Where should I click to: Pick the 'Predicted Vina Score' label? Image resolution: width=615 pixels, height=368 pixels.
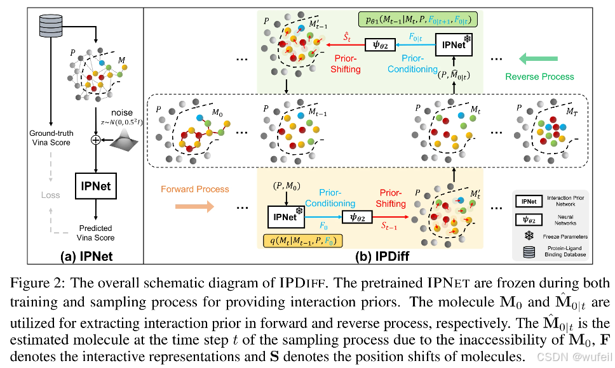[96, 233]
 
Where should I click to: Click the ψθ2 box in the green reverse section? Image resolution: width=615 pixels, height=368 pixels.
[380, 44]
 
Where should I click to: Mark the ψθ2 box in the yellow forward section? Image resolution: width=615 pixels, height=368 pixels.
[357, 216]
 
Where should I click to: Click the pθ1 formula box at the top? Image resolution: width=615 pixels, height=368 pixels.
[419, 20]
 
